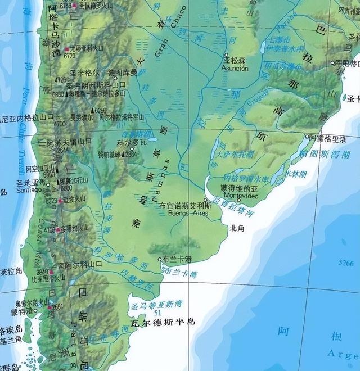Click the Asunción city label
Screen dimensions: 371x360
[x=235, y=68]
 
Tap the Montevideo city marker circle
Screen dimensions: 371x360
[x=238, y=200]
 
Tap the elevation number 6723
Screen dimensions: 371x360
[x=70, y=56]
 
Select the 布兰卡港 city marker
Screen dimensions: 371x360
[x=159, y=259]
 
